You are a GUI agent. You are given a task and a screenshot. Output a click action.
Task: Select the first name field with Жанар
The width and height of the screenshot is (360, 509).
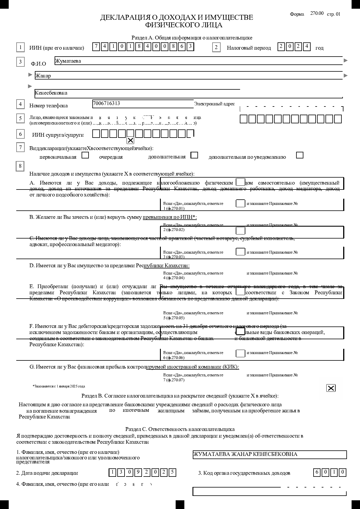(189, 76)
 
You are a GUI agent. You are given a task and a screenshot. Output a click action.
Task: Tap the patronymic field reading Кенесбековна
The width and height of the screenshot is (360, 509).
(189, 93)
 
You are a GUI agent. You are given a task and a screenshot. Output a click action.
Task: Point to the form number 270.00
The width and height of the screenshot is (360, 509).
(317, 13)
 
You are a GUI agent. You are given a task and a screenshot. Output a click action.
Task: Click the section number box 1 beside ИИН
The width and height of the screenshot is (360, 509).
(20, 48)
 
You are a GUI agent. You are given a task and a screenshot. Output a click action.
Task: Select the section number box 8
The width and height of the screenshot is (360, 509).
(20, 166)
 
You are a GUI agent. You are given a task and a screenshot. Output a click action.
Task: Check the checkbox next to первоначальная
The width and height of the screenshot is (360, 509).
(85, 155)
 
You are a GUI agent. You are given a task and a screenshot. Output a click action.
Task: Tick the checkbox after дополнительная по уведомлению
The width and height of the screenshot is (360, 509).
(300, 155)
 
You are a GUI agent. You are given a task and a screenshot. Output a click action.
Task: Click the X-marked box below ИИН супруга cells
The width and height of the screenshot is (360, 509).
(131, 140)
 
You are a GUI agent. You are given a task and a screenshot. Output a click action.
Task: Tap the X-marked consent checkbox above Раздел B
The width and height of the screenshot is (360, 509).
(331, 388)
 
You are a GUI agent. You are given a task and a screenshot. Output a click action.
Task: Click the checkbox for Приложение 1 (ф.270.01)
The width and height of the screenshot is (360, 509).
(240, 203)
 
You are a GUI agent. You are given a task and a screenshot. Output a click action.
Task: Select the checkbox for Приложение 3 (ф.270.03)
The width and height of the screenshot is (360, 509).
(240, 252)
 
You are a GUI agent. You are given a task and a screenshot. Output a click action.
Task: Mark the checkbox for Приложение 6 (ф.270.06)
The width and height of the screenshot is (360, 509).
(240, 353)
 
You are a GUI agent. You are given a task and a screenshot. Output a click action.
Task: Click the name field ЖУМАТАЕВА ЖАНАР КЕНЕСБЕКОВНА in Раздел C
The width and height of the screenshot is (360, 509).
(269, 454)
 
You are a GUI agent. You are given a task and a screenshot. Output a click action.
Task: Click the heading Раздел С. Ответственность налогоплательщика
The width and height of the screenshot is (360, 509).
(180, 429)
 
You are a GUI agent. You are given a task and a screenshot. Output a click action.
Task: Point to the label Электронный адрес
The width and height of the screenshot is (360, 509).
(214, 104)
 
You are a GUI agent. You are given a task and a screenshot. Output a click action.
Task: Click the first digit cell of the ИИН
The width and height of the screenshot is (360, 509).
(96, 47)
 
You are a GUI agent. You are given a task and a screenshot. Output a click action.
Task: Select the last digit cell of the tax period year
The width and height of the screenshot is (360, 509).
(307, 47)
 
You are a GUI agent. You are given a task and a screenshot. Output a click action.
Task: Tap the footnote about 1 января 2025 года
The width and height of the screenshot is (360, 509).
(59, 386)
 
